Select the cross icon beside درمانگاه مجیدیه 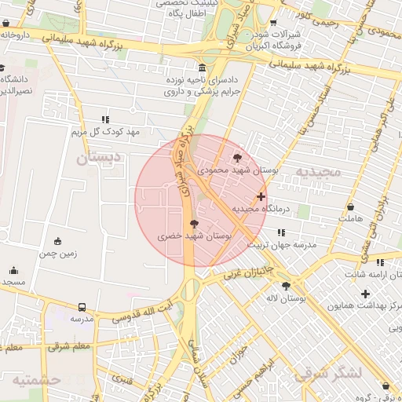[x=261, y=196]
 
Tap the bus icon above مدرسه [x=82, y=307]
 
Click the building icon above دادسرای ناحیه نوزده [x=203, y=68]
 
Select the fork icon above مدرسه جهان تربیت [x=281, y=232]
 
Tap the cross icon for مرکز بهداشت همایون [x=364, y=294]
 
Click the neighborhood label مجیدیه [x=318, y=170]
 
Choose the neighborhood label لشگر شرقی [x=328, y=373]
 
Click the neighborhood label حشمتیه [x=36, y=380]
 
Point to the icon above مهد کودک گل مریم [x=105, y=120]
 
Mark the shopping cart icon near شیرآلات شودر [x=273, y=23]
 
